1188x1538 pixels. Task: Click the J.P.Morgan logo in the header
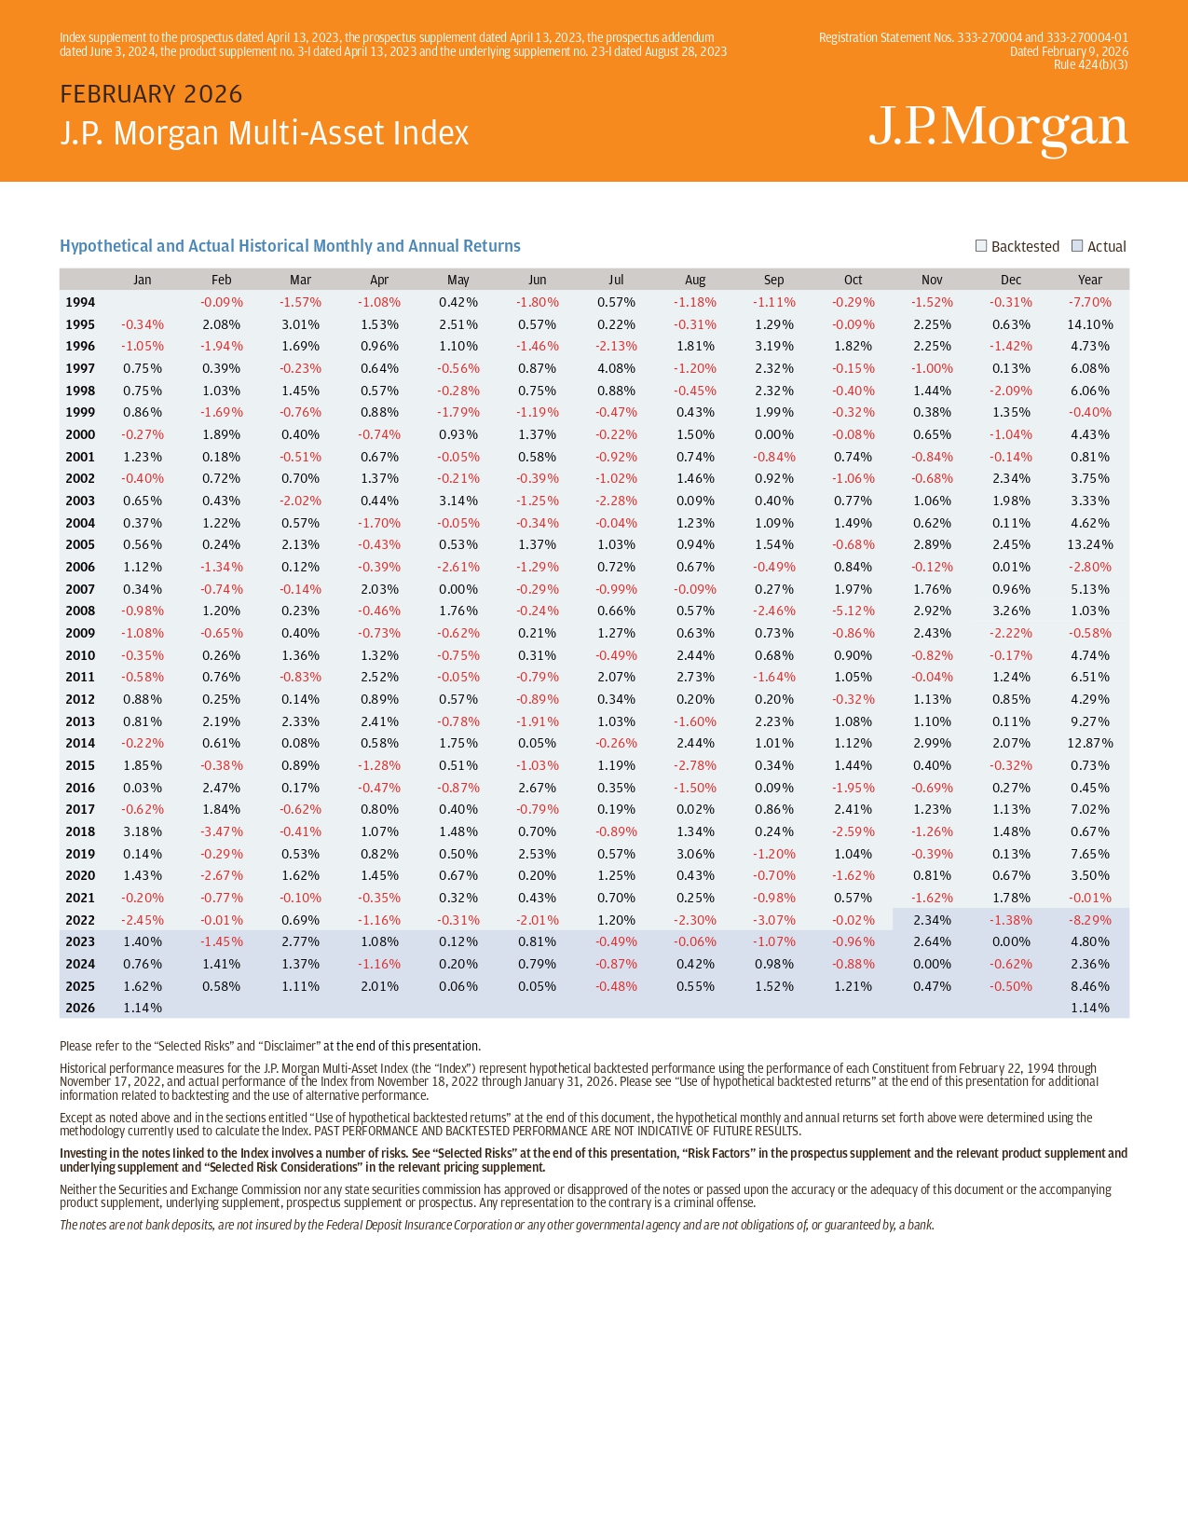(x=998, y=129)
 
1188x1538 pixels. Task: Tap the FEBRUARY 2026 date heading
(x=151, y=94)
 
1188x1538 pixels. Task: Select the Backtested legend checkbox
(x=981, y=246)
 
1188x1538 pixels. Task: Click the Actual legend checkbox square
(x=1077, y=246)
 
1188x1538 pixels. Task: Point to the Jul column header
(x=616, y=280)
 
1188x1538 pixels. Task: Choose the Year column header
(x=1089, y=280)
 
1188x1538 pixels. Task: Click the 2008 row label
(x=80, y=611)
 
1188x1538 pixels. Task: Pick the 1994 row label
(x=80, y=302)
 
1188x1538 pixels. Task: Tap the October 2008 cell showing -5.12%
(x=853, y=611)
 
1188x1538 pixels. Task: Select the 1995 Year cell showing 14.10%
(x=1089, y=324)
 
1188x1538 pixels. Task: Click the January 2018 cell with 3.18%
(x=142, y=831)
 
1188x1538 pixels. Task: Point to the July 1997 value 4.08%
(x=616, y=368)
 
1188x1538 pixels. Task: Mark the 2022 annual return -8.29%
(x=1089, y=920)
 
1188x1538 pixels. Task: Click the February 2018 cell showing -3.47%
(x=221, y=831)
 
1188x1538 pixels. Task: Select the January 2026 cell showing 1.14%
(x=142, y=1008)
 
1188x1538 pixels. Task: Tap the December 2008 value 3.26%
(x=1011, y=611)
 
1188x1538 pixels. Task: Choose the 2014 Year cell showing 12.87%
(x=1089, y=743)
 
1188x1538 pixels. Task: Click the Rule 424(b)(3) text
(x=1090, y=64)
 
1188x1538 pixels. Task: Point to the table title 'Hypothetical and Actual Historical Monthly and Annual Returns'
(x=290, y=246)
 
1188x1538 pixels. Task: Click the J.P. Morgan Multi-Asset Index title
(x=265, y=133)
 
